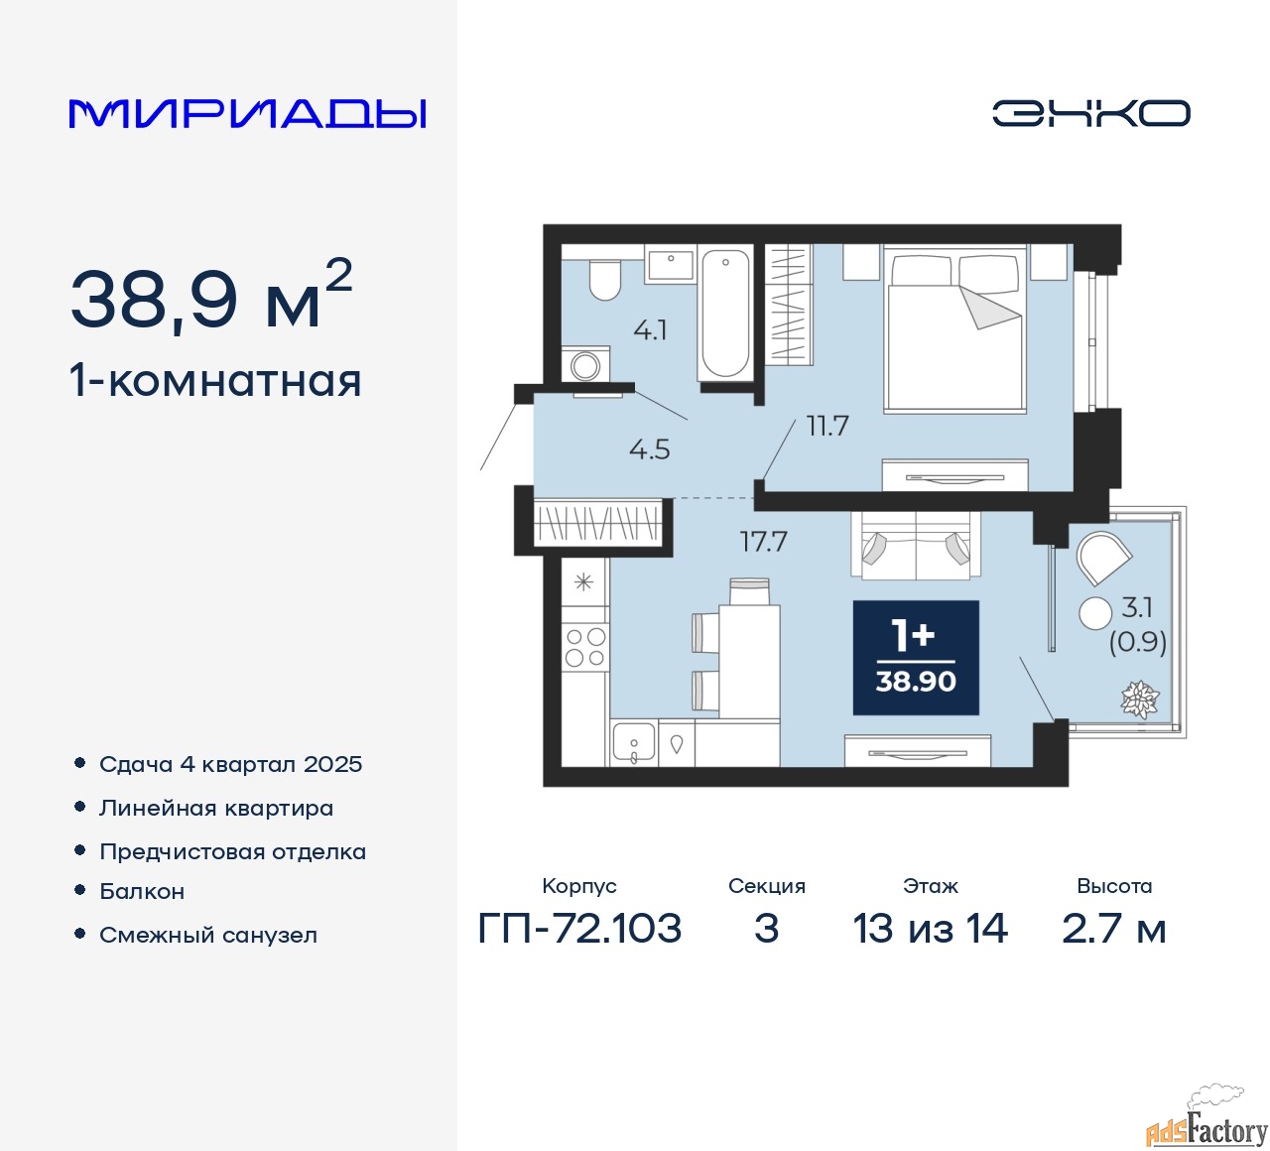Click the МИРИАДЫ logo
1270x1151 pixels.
pyautogui.click(x=248, y=113)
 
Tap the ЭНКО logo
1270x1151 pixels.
pyautogui.click(x=1090, y=113)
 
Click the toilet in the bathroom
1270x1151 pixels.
pyautogui.click(x=604, y=280)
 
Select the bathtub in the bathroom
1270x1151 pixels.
pyautogui.click(x=725, y=313)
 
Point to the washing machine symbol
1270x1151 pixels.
pyautogui.click(x=585, y=365)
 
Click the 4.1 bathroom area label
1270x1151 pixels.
pyautogui.click(x=650, y=330)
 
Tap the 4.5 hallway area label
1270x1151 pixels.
pyautogui.click(x=650, y=449)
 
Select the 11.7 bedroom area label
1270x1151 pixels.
pyautogui.click(x=827, y=426)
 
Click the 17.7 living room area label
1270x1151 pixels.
pyautogui.click(x=763, y=542)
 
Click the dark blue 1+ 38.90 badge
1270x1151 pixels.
pyautogui.click(x=916, y=658)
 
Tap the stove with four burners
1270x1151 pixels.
pyautogui.click(x=584, y=647)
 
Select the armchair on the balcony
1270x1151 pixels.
pyautogui.click(x=1101, y=559)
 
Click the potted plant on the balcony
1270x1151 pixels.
pyautogui.click(x=1139, y=700)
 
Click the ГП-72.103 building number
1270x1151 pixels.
pyautogui.click(x=579, y=929)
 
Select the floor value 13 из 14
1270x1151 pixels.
pyautogui.click(x=930, y=929)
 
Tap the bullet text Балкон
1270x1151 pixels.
pyautogui.click(x=142, y=891)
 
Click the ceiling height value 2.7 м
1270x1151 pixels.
pyautogui.click(x=1113, y=929)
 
